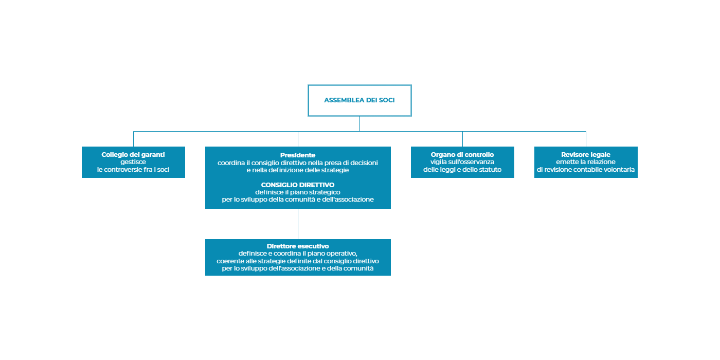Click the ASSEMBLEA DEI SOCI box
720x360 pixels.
click(359, 100)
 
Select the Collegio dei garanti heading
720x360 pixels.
click(133, 155)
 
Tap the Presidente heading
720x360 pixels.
click(298, 155)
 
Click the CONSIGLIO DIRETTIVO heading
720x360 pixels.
click(298, 185)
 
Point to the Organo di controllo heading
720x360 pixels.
click(462, 155)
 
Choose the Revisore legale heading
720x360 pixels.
click(586, 155)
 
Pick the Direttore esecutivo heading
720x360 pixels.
click(298, 246)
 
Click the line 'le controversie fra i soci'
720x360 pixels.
click(133, 170)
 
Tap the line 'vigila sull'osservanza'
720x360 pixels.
click(462, 162)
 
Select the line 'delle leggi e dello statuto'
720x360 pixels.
click(462, 170)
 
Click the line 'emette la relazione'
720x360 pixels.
click(586, 162)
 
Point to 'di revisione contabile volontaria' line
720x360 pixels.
click(586, 170)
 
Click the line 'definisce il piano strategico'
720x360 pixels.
click(298, 192)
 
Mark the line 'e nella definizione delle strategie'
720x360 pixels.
click(298, 170)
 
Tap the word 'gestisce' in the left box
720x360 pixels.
click(133, 162)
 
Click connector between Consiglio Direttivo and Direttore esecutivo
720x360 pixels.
click(298, 224)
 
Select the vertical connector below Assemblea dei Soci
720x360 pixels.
click(359, 124)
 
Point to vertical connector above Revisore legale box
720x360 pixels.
click(586, 139)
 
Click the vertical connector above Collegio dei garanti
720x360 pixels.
click(133, 139)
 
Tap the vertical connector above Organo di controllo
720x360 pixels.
click(462, 139)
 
